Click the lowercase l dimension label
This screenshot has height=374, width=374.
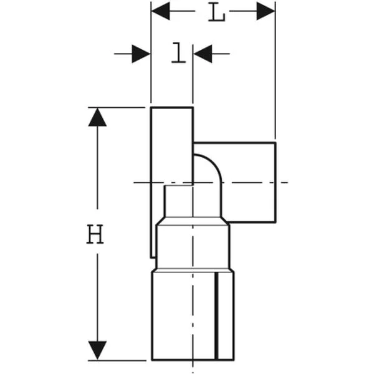coord(179,53)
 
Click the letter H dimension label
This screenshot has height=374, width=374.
coord(95,234)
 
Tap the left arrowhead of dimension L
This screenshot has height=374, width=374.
coord(161,11)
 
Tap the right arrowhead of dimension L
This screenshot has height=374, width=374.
coord(266,11)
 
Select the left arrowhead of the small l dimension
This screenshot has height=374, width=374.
coord(141,54)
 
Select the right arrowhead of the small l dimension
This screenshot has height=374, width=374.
coord(203,54)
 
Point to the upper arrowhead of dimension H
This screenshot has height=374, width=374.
coord(97,117)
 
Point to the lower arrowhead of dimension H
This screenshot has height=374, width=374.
coord(97,350)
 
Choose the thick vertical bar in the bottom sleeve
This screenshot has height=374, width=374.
coord(216,315)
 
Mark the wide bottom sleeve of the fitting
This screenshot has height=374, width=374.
coord(193,315)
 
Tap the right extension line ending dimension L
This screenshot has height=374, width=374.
coord(276,70)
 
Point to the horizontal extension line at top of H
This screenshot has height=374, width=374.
coord(117,108)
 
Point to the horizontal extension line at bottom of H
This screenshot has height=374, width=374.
coord(117,360)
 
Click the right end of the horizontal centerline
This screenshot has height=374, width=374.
coord(288,183)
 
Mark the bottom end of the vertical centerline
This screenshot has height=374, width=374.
coord(193,373)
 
